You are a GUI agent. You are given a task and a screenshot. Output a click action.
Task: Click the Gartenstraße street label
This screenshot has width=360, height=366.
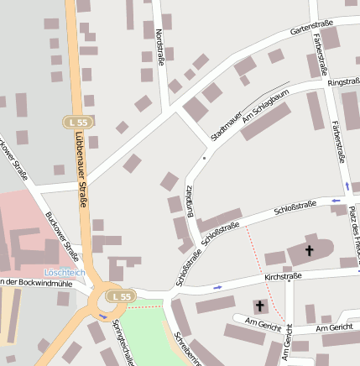coord(311,28)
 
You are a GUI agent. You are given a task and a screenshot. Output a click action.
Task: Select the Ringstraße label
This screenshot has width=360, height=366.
coord(342,81)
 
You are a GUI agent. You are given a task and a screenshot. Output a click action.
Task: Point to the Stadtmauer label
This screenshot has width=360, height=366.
coord(227,123)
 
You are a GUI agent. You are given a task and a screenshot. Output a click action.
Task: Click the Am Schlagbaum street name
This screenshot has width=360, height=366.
coord(258,110)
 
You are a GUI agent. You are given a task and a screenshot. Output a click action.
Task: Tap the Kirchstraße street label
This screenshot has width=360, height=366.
coord(282,275)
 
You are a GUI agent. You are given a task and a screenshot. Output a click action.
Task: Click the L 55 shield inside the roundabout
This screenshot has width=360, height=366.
coord(119,296)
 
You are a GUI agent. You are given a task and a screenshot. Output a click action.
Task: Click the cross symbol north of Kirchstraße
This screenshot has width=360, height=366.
coord(309,250)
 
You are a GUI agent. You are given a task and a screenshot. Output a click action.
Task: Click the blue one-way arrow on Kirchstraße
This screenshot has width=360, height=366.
coord(219,288)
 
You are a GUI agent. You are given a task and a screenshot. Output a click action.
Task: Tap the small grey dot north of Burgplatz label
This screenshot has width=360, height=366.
coord(204,156)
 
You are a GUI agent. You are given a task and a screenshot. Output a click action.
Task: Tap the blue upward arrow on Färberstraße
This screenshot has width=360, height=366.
coord(346,186)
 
